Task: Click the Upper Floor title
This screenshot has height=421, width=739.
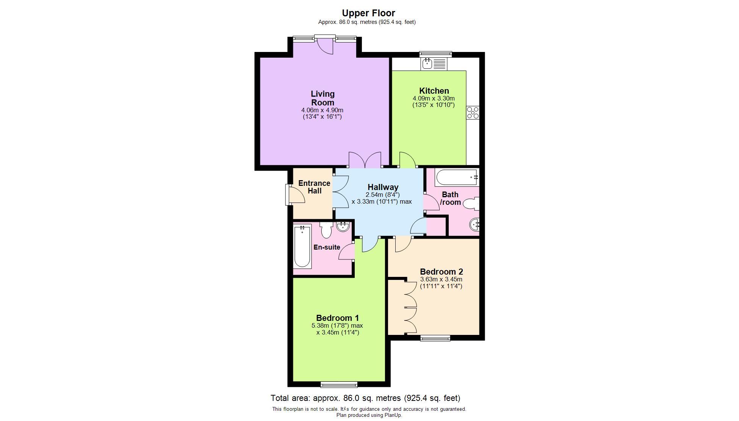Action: click(368, 13)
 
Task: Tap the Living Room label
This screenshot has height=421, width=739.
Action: click(323, 98)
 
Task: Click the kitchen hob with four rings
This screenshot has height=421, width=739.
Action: click(473, 113)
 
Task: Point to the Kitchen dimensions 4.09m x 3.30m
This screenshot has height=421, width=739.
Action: click(434, 99)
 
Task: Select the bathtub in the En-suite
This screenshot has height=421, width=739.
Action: click(302, 246)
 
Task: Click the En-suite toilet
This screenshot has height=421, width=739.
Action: click(326, 230)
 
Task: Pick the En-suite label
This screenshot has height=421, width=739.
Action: click(327, 247)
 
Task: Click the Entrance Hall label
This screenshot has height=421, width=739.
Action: click(314, 187)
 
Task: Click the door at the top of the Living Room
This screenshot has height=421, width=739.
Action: click(325, 45)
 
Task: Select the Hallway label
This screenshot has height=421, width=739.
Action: click(383, 187)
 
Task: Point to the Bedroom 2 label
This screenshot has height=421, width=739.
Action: click(441, 272)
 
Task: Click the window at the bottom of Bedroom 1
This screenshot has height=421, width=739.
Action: click(339, 385)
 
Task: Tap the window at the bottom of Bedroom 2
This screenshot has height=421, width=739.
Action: click(435, 338)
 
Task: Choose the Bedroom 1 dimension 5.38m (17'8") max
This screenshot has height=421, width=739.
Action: click(337, 325)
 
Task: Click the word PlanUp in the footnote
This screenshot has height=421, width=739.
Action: click(393, 415)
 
